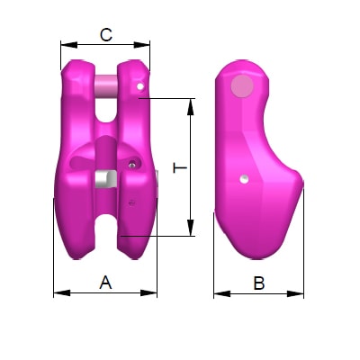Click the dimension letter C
[x=105, y=35]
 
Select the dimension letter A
[x=105, y=283]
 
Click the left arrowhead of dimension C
[x=65, y=44]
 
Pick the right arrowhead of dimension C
[x=146, y=44]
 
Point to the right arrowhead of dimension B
[x=299, y=292]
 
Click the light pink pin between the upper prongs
[x=106, y=86]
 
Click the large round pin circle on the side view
[x=242, y=86]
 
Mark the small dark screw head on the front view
[x=132, y=164]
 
